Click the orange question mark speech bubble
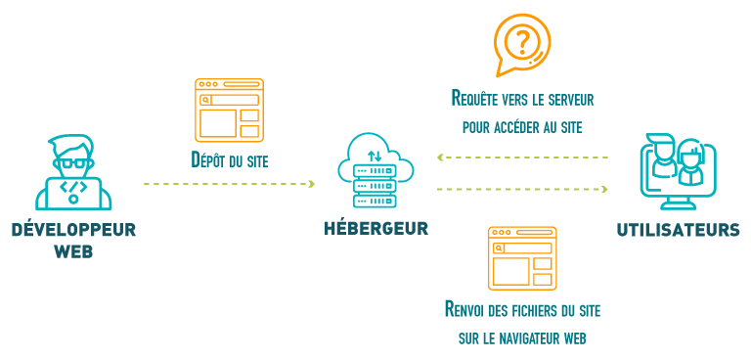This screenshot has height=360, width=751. click(522, 45)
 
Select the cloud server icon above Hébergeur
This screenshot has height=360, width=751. click(375, 170)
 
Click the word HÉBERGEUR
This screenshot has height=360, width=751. click(375, 228)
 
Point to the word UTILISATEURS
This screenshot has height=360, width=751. click(678, 230)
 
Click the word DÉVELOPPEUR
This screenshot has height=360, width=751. click(73, 230)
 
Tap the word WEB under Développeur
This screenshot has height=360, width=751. click(73, 251)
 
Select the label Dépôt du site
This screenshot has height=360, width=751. click(230, 160)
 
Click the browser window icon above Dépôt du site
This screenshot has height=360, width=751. click(230, 111)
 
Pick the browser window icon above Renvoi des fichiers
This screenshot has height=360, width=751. click(522, 258)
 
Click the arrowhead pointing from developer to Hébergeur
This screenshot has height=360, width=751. click(312, 184)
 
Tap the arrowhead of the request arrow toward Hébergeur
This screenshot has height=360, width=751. click(441, 157)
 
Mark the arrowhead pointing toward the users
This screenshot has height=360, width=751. click(604, 190)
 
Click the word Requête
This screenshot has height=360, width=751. click(474, 98)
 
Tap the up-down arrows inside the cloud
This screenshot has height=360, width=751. click(375, 156)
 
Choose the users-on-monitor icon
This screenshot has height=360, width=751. click(678, 171)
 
